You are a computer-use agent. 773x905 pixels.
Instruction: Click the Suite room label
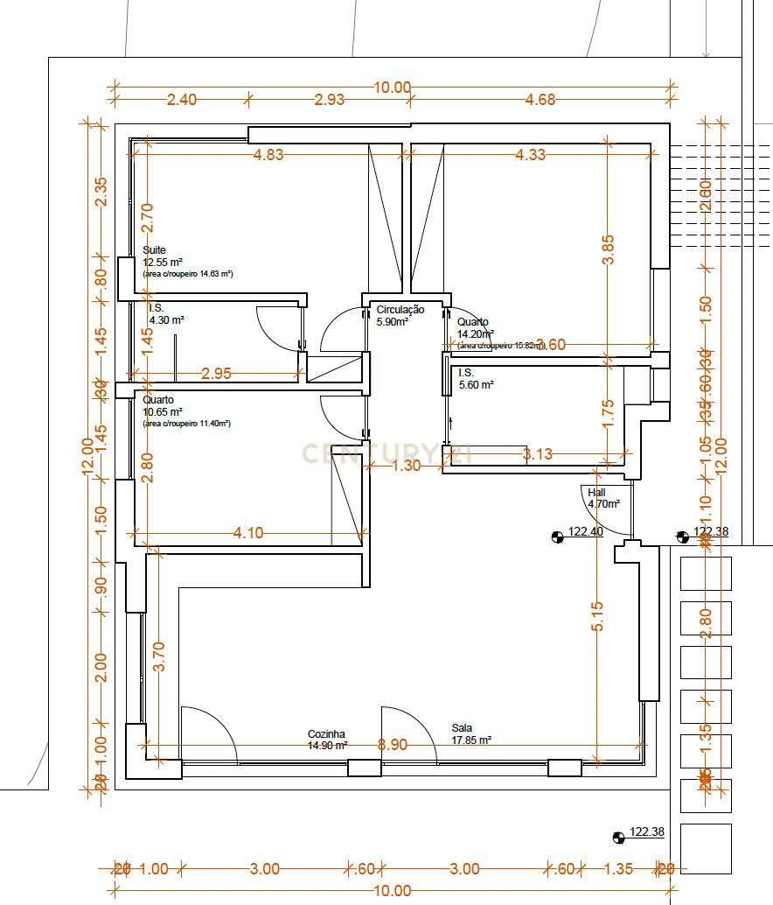(x=155, y=250)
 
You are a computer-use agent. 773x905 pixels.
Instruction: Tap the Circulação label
(x=400, y=309)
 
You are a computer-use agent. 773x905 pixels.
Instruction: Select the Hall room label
(x=596, y=493)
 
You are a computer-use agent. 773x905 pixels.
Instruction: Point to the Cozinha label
(x=326, y=734)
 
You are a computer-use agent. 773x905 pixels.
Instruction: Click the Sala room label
(x=462, y=727)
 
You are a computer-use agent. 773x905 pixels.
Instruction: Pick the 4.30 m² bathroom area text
(x=166, y=320)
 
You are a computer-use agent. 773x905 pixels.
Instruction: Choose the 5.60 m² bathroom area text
(x=477, y=384)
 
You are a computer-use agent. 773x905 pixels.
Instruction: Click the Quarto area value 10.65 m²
(x=163, y=411)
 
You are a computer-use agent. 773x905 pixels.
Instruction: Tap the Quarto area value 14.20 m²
(x=476, y=333)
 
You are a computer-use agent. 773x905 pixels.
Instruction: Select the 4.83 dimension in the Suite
(x=268, y=155)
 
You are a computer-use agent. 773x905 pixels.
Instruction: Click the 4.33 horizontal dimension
(x=530, y=155)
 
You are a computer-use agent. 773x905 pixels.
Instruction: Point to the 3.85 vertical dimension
(x=609, y=249)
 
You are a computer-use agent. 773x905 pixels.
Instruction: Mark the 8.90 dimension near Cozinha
(x=392, y=745)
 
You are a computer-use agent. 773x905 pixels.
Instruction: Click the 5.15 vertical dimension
(x=597, y=616)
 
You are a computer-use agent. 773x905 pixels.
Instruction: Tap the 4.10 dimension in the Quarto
(x=248, y=532)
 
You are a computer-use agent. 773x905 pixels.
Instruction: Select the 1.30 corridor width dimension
(x=406, y=466)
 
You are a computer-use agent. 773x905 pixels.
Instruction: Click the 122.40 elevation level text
(x=586, y=531)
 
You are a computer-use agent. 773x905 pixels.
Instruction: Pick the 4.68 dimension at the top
(x=540, y=99)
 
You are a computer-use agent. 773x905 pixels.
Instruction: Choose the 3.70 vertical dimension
(x=158, y=656)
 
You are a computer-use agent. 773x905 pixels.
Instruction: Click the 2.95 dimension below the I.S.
(x=216, y=374)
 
